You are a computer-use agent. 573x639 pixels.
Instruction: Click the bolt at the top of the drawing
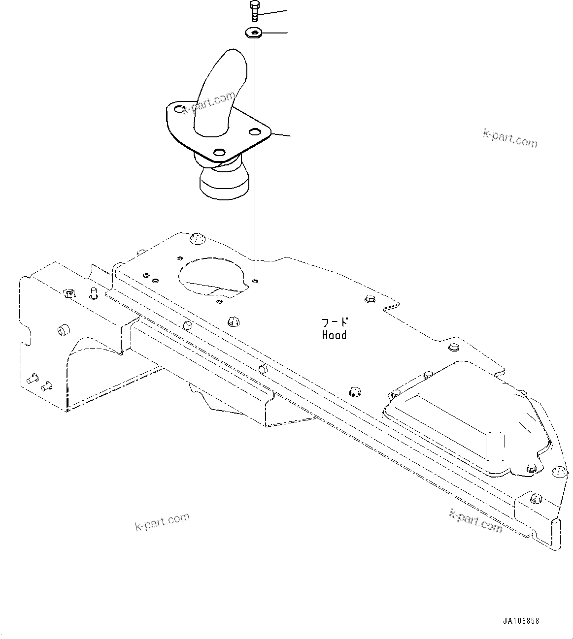(254, 11)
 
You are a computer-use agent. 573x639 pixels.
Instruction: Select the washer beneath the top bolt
(254, 33)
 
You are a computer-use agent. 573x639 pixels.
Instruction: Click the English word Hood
(334, 335)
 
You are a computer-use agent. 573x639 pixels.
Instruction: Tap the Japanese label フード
(335, 322)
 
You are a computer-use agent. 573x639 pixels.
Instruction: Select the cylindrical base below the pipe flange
(224, 183)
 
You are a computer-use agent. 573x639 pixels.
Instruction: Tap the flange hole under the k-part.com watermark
(179, 109)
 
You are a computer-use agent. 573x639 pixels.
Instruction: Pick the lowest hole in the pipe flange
(219, 153)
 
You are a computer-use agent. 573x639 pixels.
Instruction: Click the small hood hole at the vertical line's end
(255, 281)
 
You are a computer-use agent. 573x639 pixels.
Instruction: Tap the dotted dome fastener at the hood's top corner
(197, 239)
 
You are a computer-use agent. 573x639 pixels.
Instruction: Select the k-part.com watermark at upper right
(510, 139)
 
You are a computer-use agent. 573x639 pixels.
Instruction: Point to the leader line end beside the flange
(290, 136)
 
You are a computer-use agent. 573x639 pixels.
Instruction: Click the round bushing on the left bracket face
(64, 330)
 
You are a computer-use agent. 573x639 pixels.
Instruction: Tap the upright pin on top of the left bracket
(94, 293)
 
